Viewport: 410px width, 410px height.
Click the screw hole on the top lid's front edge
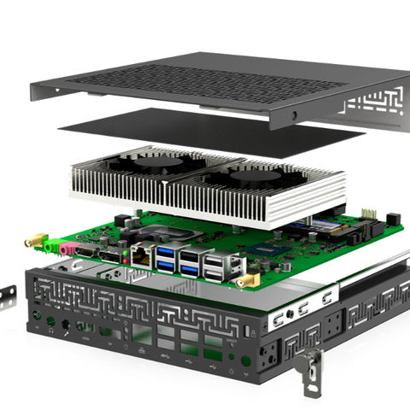point(295,114)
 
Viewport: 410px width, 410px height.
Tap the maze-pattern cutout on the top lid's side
point(376,107)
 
